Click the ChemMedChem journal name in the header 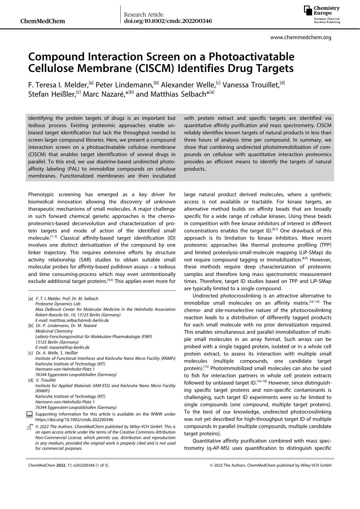43,21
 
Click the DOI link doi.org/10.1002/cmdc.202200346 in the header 168,21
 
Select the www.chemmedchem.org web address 301,37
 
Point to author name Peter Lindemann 124,85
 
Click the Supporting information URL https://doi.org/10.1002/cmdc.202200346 74,420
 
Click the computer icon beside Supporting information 29,414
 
